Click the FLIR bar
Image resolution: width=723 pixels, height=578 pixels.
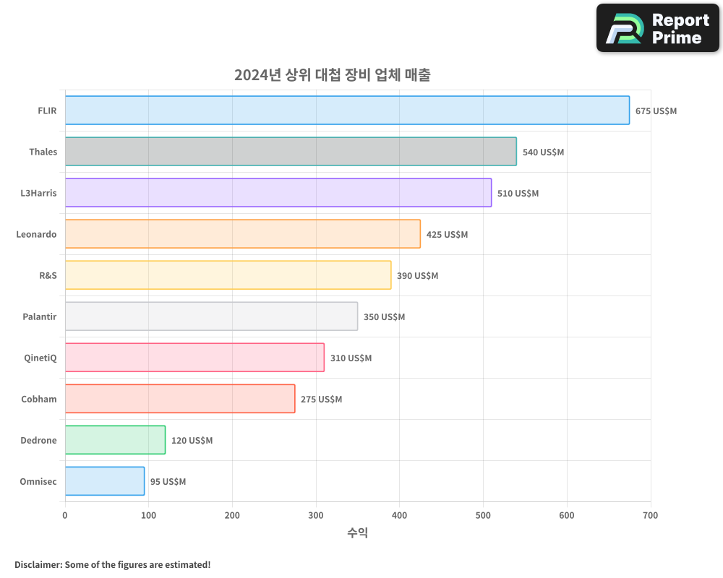point(347,111)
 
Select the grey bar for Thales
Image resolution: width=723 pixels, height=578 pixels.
point(291,152)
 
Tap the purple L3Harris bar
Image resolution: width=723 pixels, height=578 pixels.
point(278,193)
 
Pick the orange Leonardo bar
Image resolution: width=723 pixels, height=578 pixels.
point(243,234)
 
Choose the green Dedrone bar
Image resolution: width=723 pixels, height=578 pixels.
point(115,440)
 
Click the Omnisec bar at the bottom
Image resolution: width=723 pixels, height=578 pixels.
point(105,481)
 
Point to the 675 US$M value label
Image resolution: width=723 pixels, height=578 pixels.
point(656,111)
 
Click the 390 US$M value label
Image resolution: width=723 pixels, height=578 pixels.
point(417,276)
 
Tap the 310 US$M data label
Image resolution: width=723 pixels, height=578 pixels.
point(351,358)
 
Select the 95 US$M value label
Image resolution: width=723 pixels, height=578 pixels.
point(168,482)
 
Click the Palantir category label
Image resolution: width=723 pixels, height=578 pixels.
point(40,316)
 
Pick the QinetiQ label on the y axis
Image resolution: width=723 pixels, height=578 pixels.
point(40,358)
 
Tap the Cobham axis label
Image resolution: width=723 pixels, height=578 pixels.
point(39,399)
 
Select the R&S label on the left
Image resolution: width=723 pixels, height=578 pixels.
point(48,275)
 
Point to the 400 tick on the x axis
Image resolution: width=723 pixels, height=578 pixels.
point(399,515)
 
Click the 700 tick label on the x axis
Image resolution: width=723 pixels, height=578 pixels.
point(650,515)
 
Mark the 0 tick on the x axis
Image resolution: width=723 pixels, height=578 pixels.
point(65,515)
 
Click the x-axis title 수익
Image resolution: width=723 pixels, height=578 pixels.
point(358,533)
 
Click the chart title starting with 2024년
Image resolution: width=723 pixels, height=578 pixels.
point(332,75)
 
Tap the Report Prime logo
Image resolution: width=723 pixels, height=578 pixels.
point(657,28)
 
